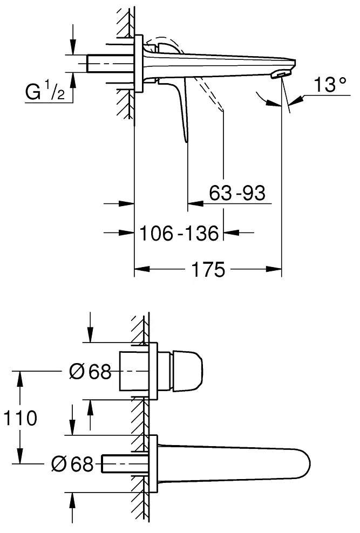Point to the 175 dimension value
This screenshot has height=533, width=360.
(x=208, y=268)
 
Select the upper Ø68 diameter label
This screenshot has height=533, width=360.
(x=91, y=371)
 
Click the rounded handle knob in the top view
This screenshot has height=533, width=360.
(x=187, y=371)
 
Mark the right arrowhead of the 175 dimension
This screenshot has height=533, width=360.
(x=277, y=268)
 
